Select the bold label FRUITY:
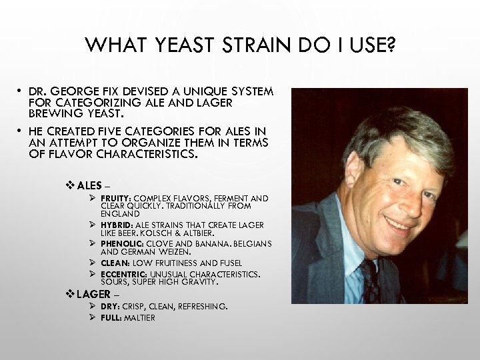(x=117, y=199)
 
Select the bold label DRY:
(x=111, y=307)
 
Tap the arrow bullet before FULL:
(x=94, y=317)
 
